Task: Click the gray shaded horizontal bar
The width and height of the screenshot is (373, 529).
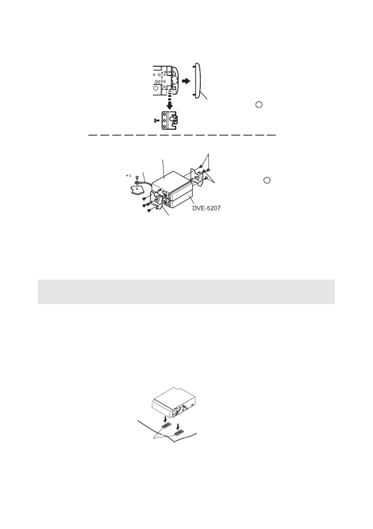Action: click(x=186, y=292)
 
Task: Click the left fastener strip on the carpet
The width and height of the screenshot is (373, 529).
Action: click(x=166, y=426)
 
